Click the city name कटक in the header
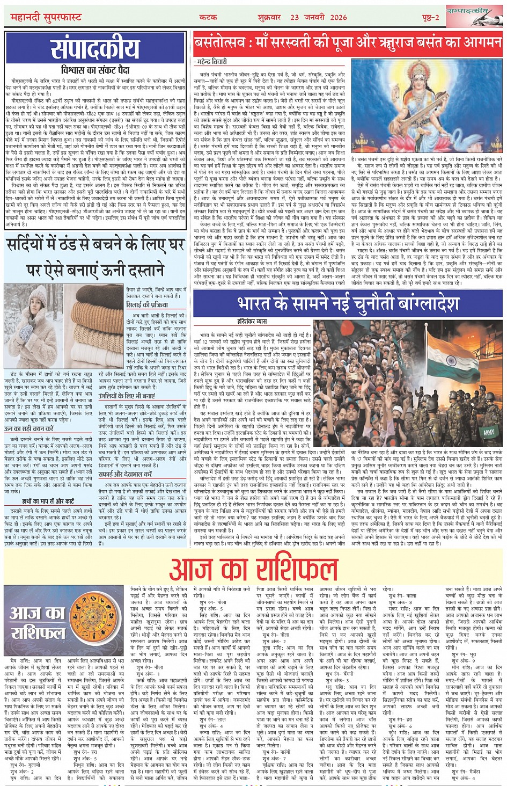coord(208,17)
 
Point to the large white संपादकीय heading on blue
coord(95,49)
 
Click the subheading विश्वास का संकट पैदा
coord(95,70)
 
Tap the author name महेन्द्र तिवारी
coord(212,62)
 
